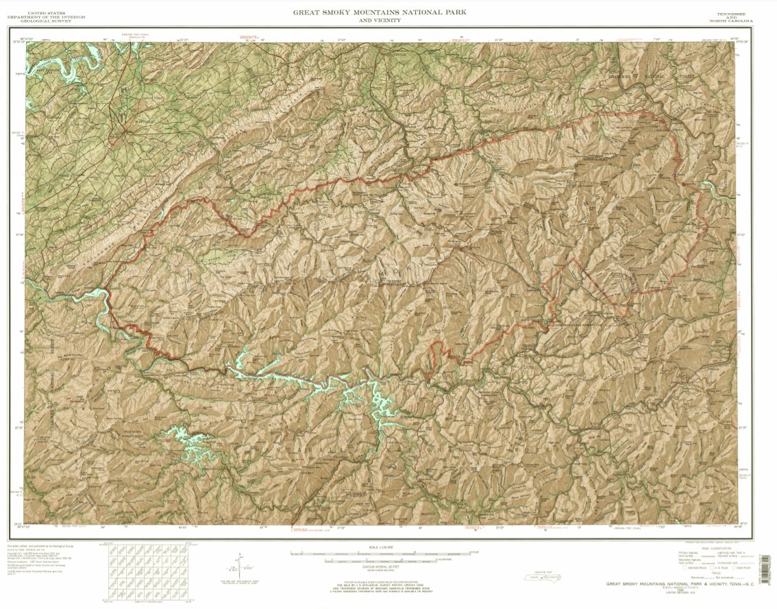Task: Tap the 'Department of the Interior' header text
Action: [x=47, y=16]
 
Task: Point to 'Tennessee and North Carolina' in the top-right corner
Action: [x=731, y=17]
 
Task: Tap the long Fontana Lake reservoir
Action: [x=308, y=380]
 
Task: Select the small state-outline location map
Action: [x=541, y=579]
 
